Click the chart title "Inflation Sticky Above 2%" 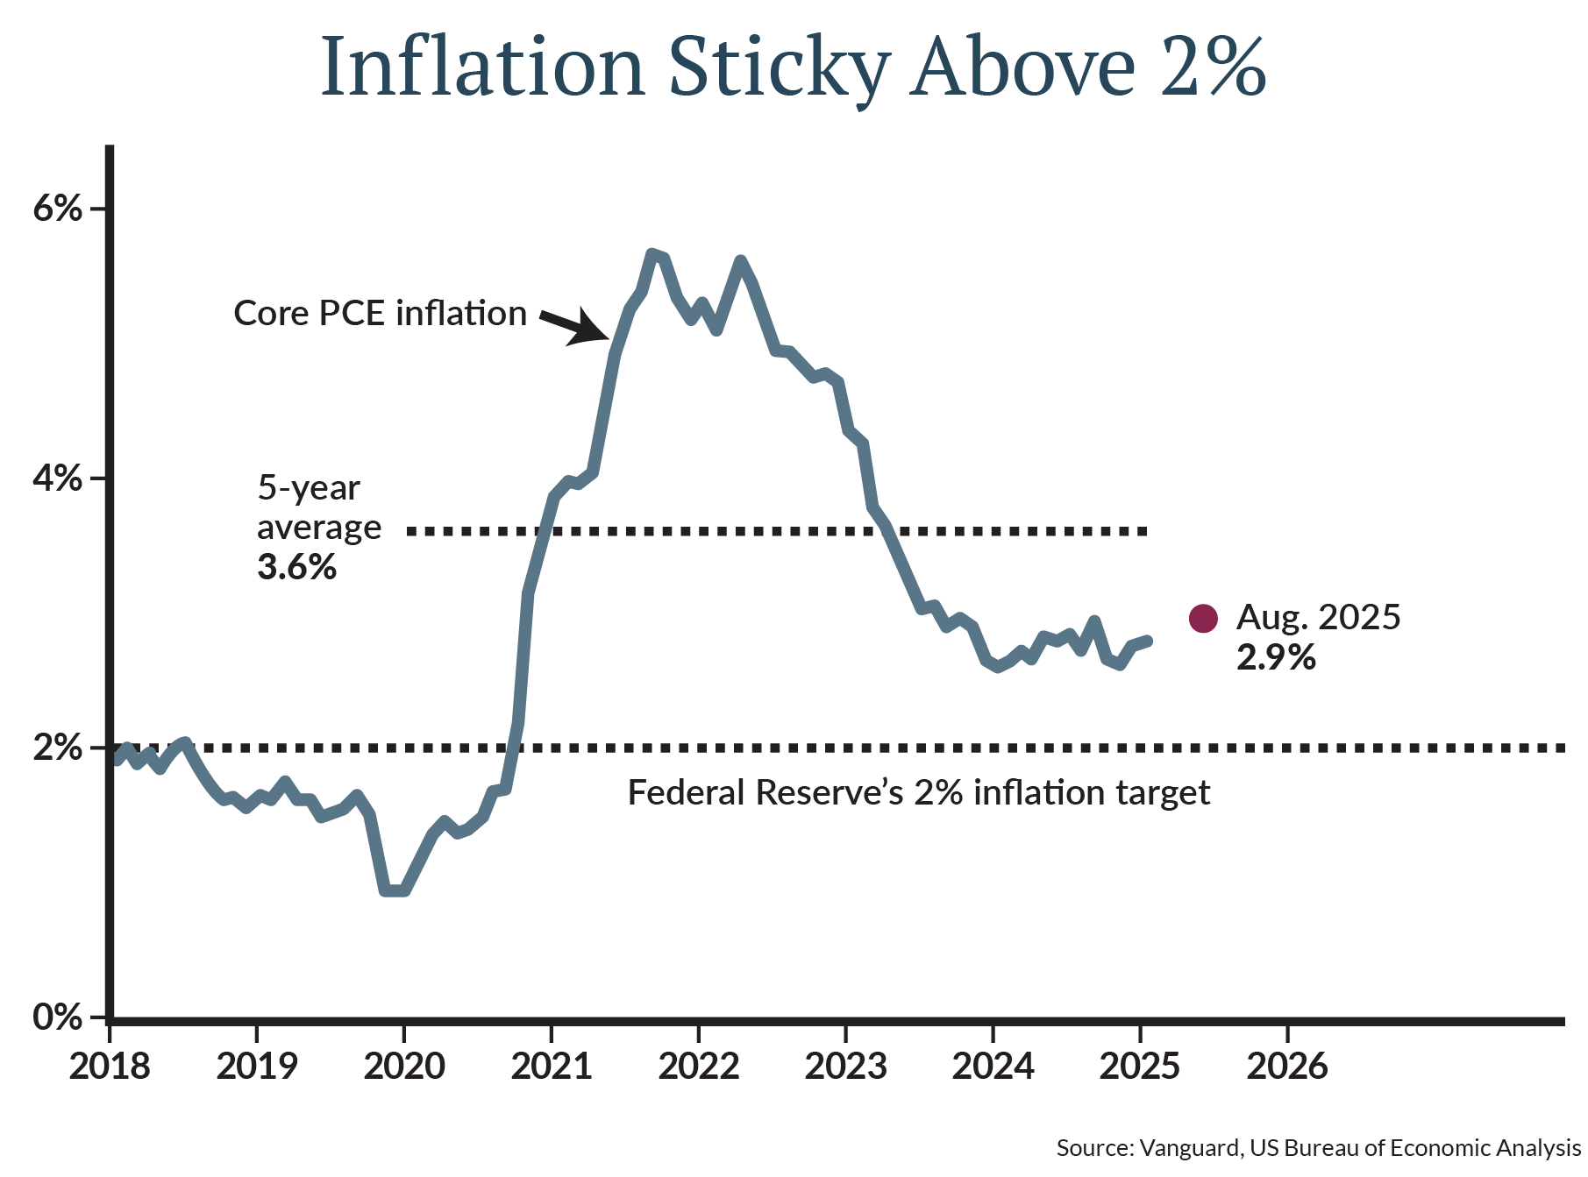pyautogui.click(x=794, y=67)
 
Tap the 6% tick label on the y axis pyautogui.click(x=57, y=209)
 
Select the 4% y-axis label pyautogui.click(x=57, y=479)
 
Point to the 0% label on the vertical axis pyautogui.click(x=57, y=1017)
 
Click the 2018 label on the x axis pyautogui.click(x=110, y=1067)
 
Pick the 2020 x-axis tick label pyautogui.click(x=404, y=1067)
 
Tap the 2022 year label pyautogui.click(x=699, y=1067)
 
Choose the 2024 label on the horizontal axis pyautogui.click(x=993, y=1067)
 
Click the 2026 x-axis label pyautogui.click(x=1287, y=1067)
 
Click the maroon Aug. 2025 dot pyautogui.click(x=1203, y=619)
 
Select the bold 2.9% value pyautogui.click(x=1276, y=657)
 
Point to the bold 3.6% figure pyautogui.click(x=296, y=567)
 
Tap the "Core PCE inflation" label pyautogui.click(x=380, y=314)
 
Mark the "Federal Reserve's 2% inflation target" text pyautogui.click(x=918, y=793)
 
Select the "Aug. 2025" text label pyautogui.click(x=1318, y=618)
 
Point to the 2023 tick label pyautogui.click(x=846, y=1067)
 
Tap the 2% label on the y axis pyautogui.click(x=57, y=748)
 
